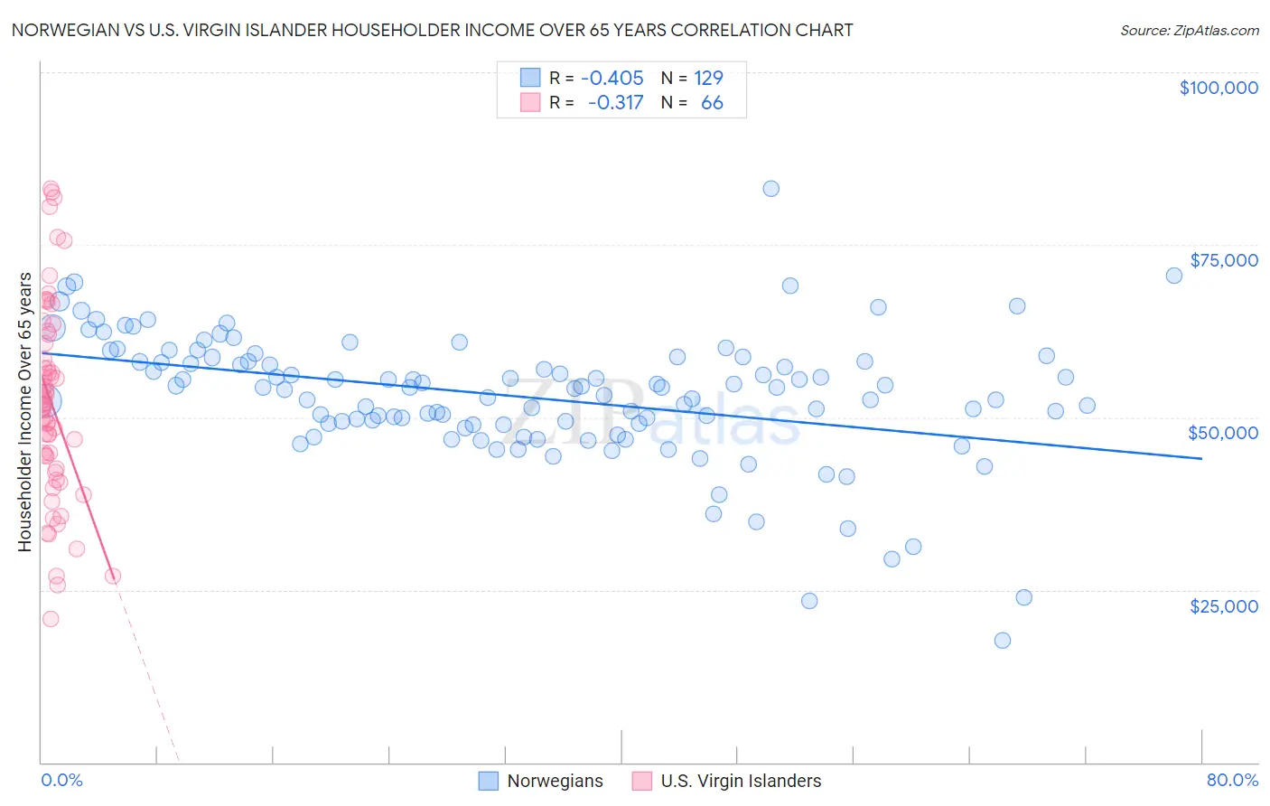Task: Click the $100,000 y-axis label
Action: (x=1219, y=88)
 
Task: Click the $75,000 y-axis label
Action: (x=1224, y=260)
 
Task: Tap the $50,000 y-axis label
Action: (x=1223, y=433)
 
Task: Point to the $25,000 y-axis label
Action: (x=1224, y=605)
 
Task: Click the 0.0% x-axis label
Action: (x=61, y=781)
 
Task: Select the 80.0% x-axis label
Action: (x=1232, y=781)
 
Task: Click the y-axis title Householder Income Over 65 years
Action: (x=24, y=411)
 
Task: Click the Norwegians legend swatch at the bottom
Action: (x=489, y=781)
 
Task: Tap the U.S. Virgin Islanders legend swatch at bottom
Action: (x=642, y=781)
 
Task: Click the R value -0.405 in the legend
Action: (x=612, y=78)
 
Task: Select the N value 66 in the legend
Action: (x=712, y=103)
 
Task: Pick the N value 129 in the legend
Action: (x=708, y=78)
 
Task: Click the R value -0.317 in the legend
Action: (x=615, y=103)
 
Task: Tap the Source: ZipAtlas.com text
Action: (x=1189, y=31)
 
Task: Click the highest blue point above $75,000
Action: (x=770, y=189)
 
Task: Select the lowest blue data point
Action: (x=1002, y=641)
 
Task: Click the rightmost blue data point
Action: (x=1173, y=276)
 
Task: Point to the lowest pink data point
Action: (x=51, y=619)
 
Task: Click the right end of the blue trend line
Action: (x=1201, y=459)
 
